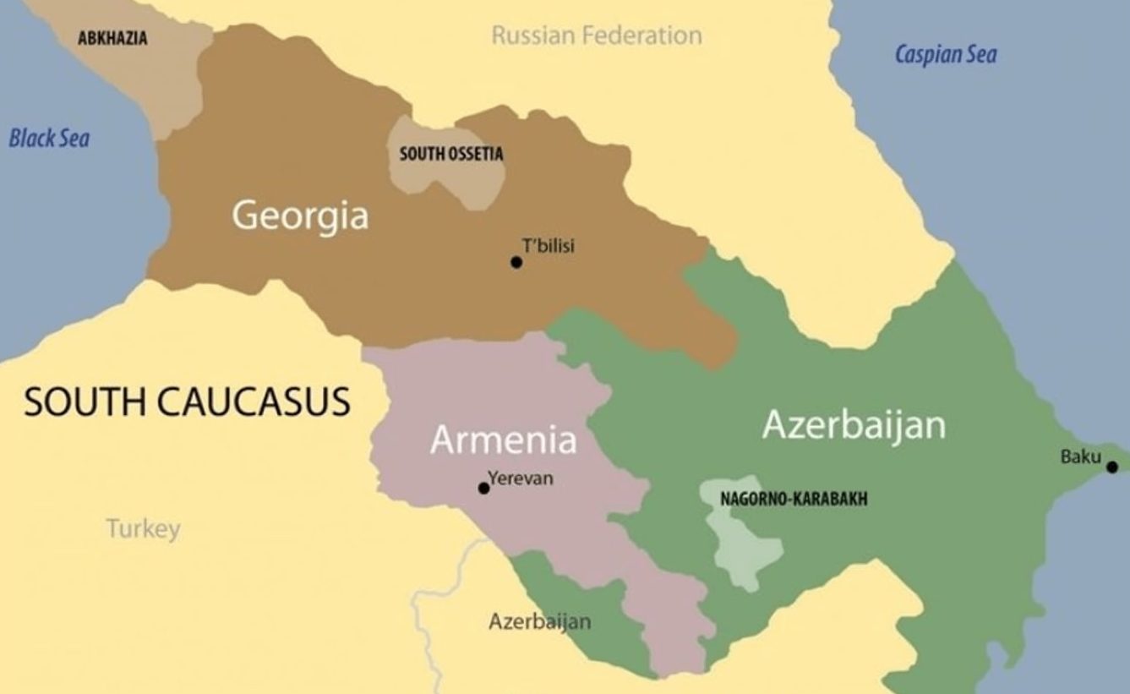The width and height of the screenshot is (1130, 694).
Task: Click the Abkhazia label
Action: (112, 39)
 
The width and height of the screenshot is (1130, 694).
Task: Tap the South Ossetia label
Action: (450, 154)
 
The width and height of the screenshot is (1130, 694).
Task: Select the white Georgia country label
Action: (300, 216)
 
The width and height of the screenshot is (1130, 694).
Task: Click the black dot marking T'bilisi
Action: (516, 262)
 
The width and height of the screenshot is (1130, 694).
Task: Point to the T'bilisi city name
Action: (548, 246)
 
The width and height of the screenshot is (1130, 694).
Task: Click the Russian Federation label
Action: (596, 36)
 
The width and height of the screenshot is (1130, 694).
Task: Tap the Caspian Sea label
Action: (945, 55)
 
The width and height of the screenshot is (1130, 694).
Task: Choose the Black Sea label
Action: (49, 139)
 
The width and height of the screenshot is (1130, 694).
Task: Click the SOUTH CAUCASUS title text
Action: (187, 402)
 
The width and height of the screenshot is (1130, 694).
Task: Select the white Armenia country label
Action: (503, 440)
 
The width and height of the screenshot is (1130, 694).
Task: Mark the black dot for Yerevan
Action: (483, 489)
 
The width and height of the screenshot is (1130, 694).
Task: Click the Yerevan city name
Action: (521, 478)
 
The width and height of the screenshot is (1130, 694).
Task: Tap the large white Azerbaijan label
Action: (854, 424)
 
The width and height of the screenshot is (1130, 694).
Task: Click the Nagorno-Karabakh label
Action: (793, 499)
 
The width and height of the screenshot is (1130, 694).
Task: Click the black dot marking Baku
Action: (1111, 467)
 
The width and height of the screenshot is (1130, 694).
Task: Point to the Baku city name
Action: (1080, 457)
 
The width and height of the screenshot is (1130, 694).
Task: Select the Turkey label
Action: (143, 529)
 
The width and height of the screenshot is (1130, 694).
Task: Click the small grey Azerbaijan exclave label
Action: (539, 622)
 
